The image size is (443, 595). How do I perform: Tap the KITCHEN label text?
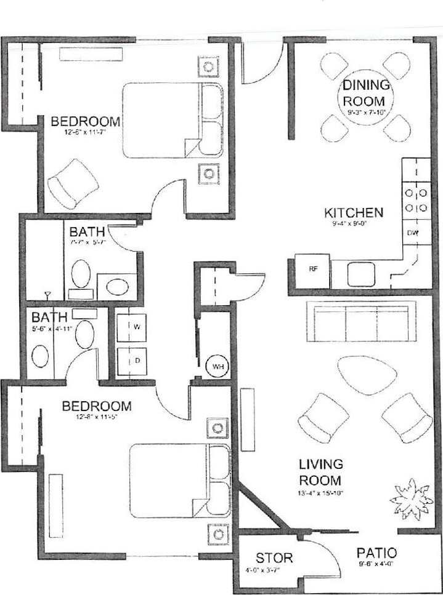tap(354, 213)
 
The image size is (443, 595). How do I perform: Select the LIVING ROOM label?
tap(320, 471)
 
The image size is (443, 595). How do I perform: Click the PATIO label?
tap(376, 553)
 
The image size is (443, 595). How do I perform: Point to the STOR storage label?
tap(274, 558)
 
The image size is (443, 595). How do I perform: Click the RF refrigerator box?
tap(312, 268)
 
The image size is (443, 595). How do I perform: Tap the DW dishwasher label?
tap(413, 233)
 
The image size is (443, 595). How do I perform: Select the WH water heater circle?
tap(217, 367)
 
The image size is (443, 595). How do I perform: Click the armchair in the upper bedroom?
tap(73, 183)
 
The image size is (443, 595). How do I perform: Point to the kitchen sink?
tap(357, 270)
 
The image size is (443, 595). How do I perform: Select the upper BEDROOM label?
tap(85, 121)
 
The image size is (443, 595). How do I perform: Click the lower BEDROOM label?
tap(97, 407)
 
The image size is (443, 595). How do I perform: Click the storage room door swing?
tap(323, 557)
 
